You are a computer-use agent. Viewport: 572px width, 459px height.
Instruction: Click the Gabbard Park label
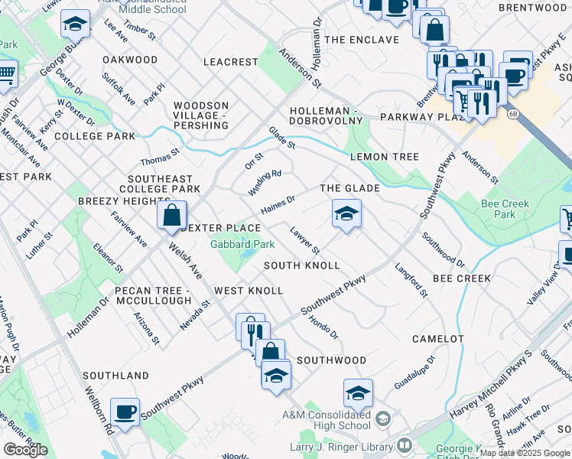click(x=242, y=245)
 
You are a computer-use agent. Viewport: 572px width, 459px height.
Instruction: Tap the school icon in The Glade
click(x=346, y=214)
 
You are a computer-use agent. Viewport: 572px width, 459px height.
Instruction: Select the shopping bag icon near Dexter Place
click(x=172, y=216)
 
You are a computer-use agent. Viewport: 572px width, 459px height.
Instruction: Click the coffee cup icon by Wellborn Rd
click(x=125, y=412)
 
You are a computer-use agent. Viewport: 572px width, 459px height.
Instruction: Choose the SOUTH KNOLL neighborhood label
click(x=301, y=265)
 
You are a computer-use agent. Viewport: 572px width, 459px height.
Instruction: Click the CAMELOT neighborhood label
click(x=437, y=338)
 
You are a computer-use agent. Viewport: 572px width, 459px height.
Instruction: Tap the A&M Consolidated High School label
click(x=331, y=421)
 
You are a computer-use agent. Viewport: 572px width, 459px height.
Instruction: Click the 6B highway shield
click(x=511, y=113)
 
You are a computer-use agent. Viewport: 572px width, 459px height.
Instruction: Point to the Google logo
click(x=25, y=450)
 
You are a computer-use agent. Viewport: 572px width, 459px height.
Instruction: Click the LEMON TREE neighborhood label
click(x=384, y=157)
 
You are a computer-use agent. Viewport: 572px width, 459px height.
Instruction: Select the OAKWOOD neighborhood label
click(x=130, y=60)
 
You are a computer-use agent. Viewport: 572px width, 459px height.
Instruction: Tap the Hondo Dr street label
click(x=323, y=325)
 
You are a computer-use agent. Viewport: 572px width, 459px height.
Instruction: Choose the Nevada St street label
click(x=195, y=314)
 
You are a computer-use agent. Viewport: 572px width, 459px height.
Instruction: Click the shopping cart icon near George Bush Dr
click(x=6, y=73)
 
